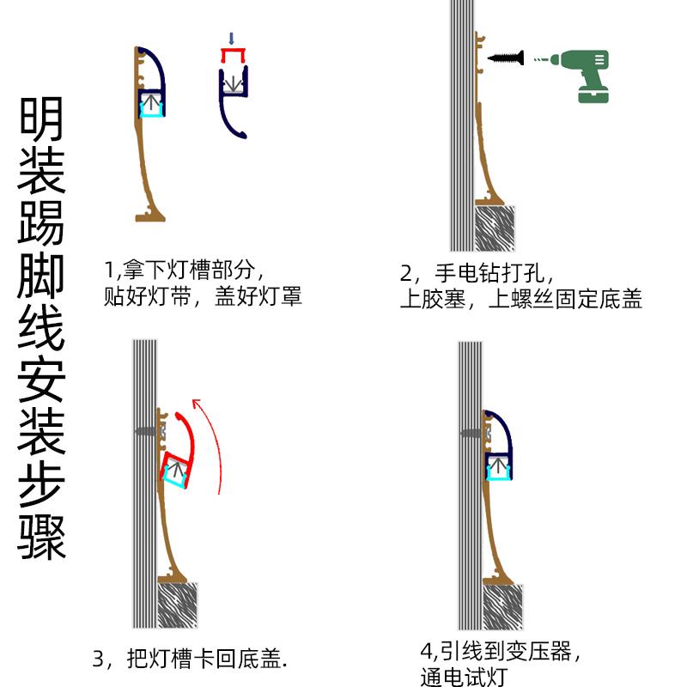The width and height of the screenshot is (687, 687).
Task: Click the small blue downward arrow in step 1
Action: click(230, 39)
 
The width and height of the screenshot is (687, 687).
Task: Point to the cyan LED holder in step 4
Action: click(499, 468)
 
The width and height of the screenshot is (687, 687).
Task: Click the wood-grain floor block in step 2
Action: click(495, 228)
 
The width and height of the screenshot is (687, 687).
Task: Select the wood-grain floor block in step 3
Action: click(179, 605)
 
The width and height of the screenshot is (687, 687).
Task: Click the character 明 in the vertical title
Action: click(42, 119)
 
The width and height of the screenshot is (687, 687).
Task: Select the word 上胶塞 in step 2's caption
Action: click(435, 300)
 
